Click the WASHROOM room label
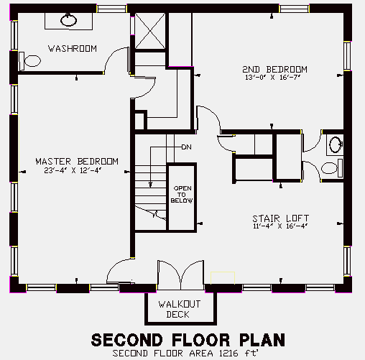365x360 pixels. [x=73, y=49]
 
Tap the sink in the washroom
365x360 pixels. [x=68, y=20]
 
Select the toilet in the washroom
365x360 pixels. [x=30, y=61]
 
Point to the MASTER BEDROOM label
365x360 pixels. [x=77, y=161]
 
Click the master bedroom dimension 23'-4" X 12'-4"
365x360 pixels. [x=73, y=170]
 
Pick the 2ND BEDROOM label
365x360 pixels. [x=274, y=70]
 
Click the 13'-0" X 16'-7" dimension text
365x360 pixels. [x=272, y=78]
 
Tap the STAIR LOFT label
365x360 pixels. [x=281, y=218]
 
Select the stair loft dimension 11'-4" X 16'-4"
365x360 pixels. [x=280, y=226]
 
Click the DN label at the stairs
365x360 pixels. [x=187, y=147]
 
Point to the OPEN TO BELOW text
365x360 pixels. [x=182, y=195]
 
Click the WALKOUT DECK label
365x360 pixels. [x=180, y=309]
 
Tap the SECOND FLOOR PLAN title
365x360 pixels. [x=188, y=340]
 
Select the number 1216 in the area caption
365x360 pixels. [x=226, y=353]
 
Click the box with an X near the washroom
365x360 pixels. [x=150, y=31]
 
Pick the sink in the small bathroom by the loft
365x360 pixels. [x=336, y=144]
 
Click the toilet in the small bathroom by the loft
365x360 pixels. [x=332, y=168]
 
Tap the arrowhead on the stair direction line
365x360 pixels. [x=150, y=184]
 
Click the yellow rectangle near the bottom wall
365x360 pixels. [x=223, y=278]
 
